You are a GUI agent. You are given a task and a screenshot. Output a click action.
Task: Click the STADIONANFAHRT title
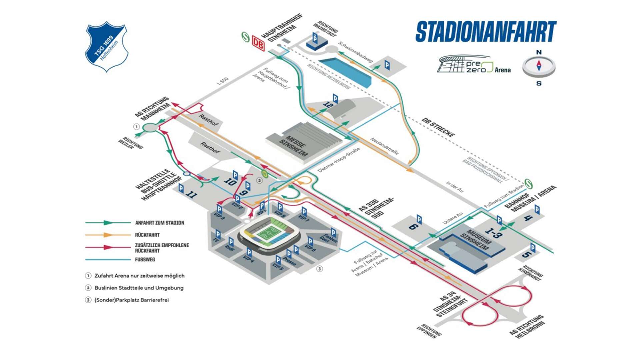486,32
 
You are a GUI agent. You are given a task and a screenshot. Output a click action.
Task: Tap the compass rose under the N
539,66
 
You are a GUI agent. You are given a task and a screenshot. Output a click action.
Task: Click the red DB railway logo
258,43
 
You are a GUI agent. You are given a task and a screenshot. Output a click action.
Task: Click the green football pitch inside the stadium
269,233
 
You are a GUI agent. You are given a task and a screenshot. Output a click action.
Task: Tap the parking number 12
328,105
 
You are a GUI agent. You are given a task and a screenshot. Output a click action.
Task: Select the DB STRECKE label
438,127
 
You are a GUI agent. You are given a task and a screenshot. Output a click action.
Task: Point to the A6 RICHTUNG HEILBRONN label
527,327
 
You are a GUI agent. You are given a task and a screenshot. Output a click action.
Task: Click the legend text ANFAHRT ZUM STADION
159,223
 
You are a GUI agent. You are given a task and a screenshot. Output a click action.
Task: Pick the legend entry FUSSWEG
145,259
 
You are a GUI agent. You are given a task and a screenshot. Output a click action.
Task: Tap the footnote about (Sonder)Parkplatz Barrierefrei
131,300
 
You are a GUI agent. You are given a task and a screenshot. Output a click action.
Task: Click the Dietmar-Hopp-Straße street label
339,160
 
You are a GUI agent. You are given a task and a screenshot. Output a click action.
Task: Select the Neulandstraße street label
384,146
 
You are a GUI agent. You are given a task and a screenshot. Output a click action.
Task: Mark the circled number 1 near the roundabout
136,127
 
